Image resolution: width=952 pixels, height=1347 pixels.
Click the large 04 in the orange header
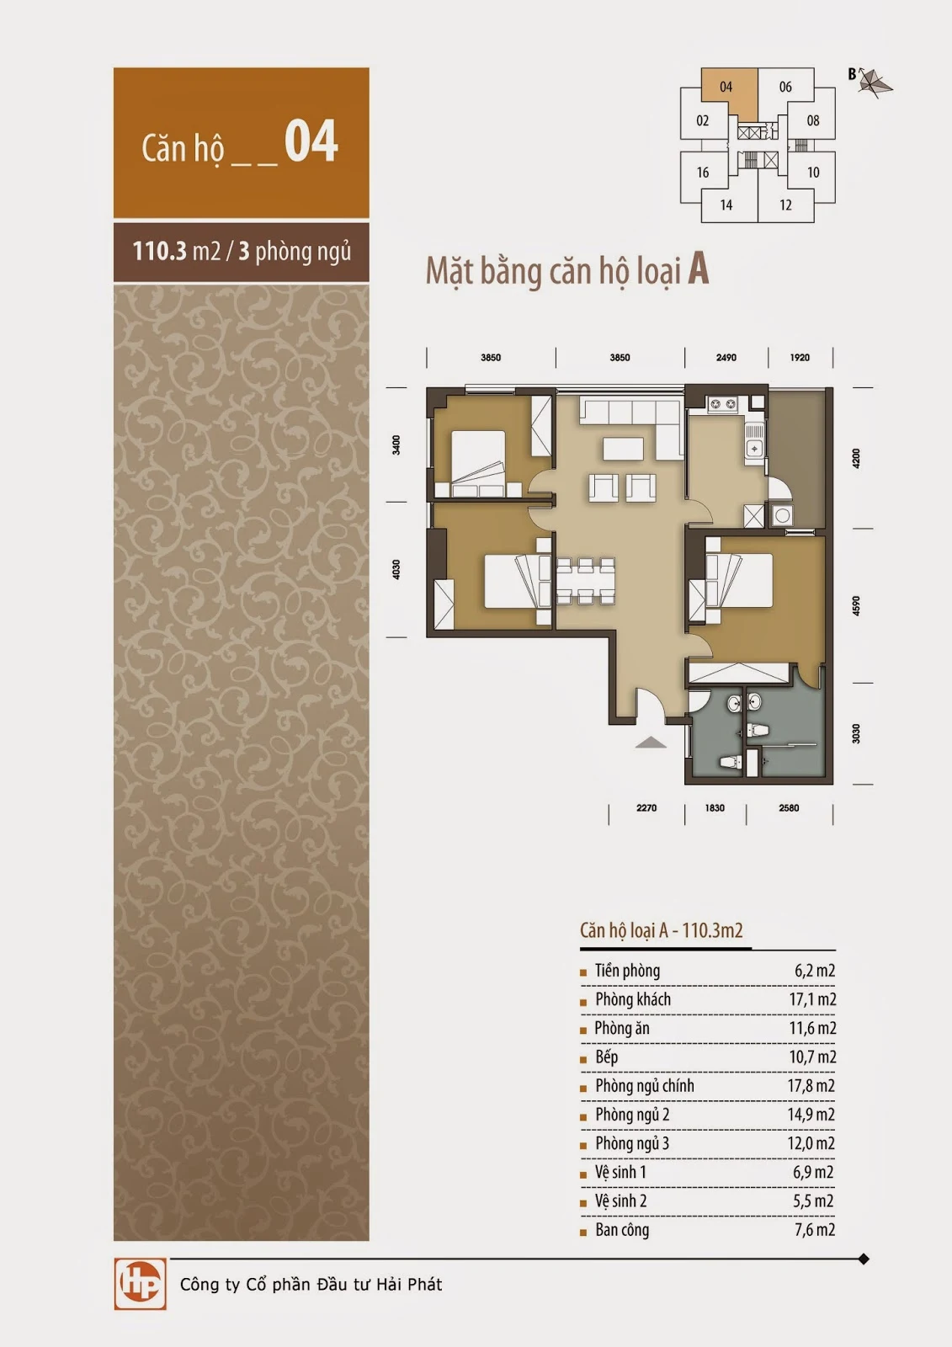point(311,141)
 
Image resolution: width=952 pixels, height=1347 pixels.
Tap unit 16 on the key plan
point(702,173)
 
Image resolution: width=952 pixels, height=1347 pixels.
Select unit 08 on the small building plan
point(813,121)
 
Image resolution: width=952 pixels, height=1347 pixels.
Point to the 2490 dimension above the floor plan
point(726,358)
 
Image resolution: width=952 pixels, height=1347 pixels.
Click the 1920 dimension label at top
point(800,358)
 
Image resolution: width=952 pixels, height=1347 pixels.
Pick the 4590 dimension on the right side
point(856,606)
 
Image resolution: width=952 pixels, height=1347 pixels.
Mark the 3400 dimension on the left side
point(396,445)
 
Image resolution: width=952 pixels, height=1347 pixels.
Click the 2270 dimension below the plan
point(646,808)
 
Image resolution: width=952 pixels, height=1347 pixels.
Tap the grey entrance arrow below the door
point(651,743)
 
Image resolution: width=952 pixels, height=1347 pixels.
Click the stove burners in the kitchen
point(723,404)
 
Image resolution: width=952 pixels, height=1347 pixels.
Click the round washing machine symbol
point(783,515)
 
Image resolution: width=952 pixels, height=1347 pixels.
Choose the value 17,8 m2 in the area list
point(811,1086)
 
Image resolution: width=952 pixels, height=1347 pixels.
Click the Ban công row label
point(622,1230)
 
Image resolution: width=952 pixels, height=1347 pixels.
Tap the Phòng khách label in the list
point(633,999)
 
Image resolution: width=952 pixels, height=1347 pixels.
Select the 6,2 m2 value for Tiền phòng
point(815,971)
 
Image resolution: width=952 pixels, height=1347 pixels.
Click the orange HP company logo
point(140,1284)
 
